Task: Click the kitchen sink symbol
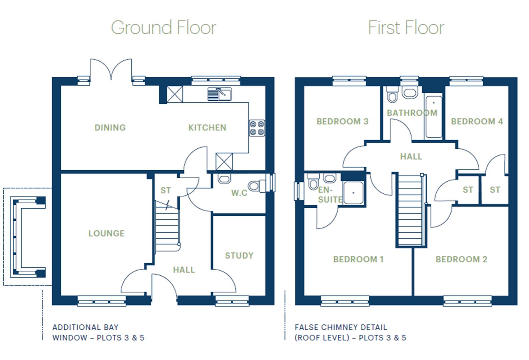pyautogui.click(x=219, y=94)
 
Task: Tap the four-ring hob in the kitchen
pyautogui.click(x=257, y=128)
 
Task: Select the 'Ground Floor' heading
pyautogui.click(x=163, y=27)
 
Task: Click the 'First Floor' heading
pyautogui.click(x=406, y=27)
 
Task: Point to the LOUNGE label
pyautogui.click(x=106, y=233)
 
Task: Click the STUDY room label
pyautogui.click(x=239, y=256)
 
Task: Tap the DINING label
pyautogui.click(x=110, y=127)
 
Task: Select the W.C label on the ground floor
pyautogui.click(x=239, y=193)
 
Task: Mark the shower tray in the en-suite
pyautogui.click(x=353, y=193)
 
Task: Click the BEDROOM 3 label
pyautogui.click(x=343, y=121)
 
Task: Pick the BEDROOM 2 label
pyautogui.click(x=461, y=259)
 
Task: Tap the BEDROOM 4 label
pyautogui.click(x=477, y=121)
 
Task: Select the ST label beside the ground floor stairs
pyautogui.click(x=166, y=190)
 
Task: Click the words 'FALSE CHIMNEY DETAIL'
pyautogui.click(x=341, y=327)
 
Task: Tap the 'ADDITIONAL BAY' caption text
pyautogui.click(x=85, y=327)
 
